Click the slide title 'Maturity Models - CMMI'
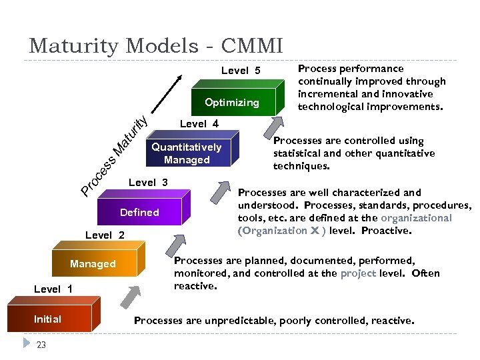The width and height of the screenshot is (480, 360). [156, 46]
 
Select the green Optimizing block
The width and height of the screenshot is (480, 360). [232, 103]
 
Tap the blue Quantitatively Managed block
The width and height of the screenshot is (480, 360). [186, 153]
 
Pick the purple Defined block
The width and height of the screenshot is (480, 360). [139, 213]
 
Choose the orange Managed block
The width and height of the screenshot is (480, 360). [93, 264]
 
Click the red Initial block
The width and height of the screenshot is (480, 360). [47, 319]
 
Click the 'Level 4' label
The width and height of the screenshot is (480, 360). [199, 123]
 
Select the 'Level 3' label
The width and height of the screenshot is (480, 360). [148, 183]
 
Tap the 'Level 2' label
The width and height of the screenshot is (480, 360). [105, 235]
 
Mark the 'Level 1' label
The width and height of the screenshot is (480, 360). [53, 289]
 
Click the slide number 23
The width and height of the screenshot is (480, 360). [41, 345]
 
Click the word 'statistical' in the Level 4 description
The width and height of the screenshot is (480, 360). [297, 153]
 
